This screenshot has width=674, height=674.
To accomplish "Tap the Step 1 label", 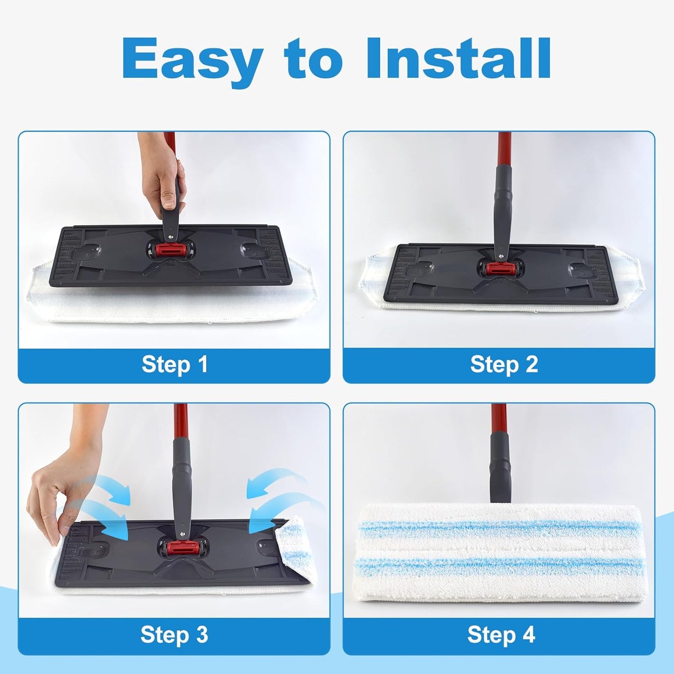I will point(174,364).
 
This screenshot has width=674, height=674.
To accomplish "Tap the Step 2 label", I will point(504,364).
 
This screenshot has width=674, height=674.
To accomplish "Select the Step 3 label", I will point(174,635).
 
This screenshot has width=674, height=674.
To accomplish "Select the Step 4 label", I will point(501,635).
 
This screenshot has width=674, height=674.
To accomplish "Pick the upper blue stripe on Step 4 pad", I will point(499,527).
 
